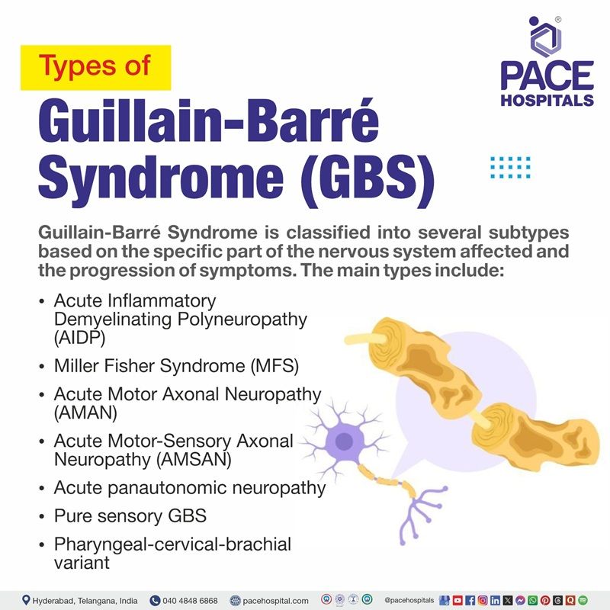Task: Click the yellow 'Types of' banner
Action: tap(95, 68)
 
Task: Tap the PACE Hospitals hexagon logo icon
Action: tap(545, 35)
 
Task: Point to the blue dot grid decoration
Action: tap(510, 166)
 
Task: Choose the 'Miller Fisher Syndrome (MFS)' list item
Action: tap(176, 366)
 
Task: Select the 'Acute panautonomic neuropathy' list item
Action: tap(190, 487)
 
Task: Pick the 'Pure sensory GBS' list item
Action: tap(130, 516)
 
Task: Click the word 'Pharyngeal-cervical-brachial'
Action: tap(173, 544)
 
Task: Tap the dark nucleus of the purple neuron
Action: tap(345, 440)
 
